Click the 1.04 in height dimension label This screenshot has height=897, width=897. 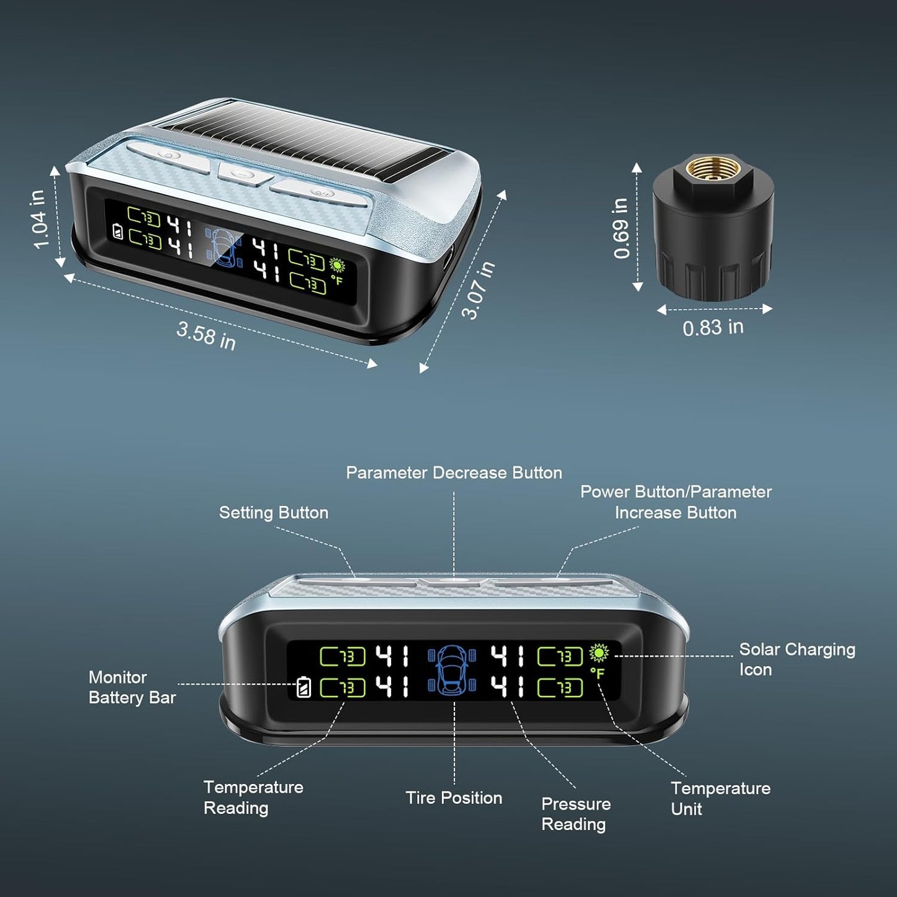(40, 219)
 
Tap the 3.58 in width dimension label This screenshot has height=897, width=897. (205, 336)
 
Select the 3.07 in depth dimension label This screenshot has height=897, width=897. (478, 289)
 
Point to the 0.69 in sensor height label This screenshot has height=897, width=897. (621, 228)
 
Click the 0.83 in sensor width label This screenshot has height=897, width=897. (713, 328)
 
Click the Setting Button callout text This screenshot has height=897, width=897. (274, 513)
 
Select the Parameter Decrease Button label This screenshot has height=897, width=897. (454, 473)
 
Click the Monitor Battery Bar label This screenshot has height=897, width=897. (132, 687)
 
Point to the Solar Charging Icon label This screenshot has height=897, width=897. (797, 659)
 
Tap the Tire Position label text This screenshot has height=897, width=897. (454, 798)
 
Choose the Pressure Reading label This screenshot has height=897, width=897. (576, 814)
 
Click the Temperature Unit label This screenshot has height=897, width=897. (721, 798)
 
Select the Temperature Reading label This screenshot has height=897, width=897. (253, 798)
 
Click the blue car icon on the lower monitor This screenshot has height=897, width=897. (452, 669)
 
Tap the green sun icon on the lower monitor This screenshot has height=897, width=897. (598, 653)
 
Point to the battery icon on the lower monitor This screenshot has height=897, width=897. (304, 688)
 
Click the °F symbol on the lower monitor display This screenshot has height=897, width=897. (597, 674)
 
